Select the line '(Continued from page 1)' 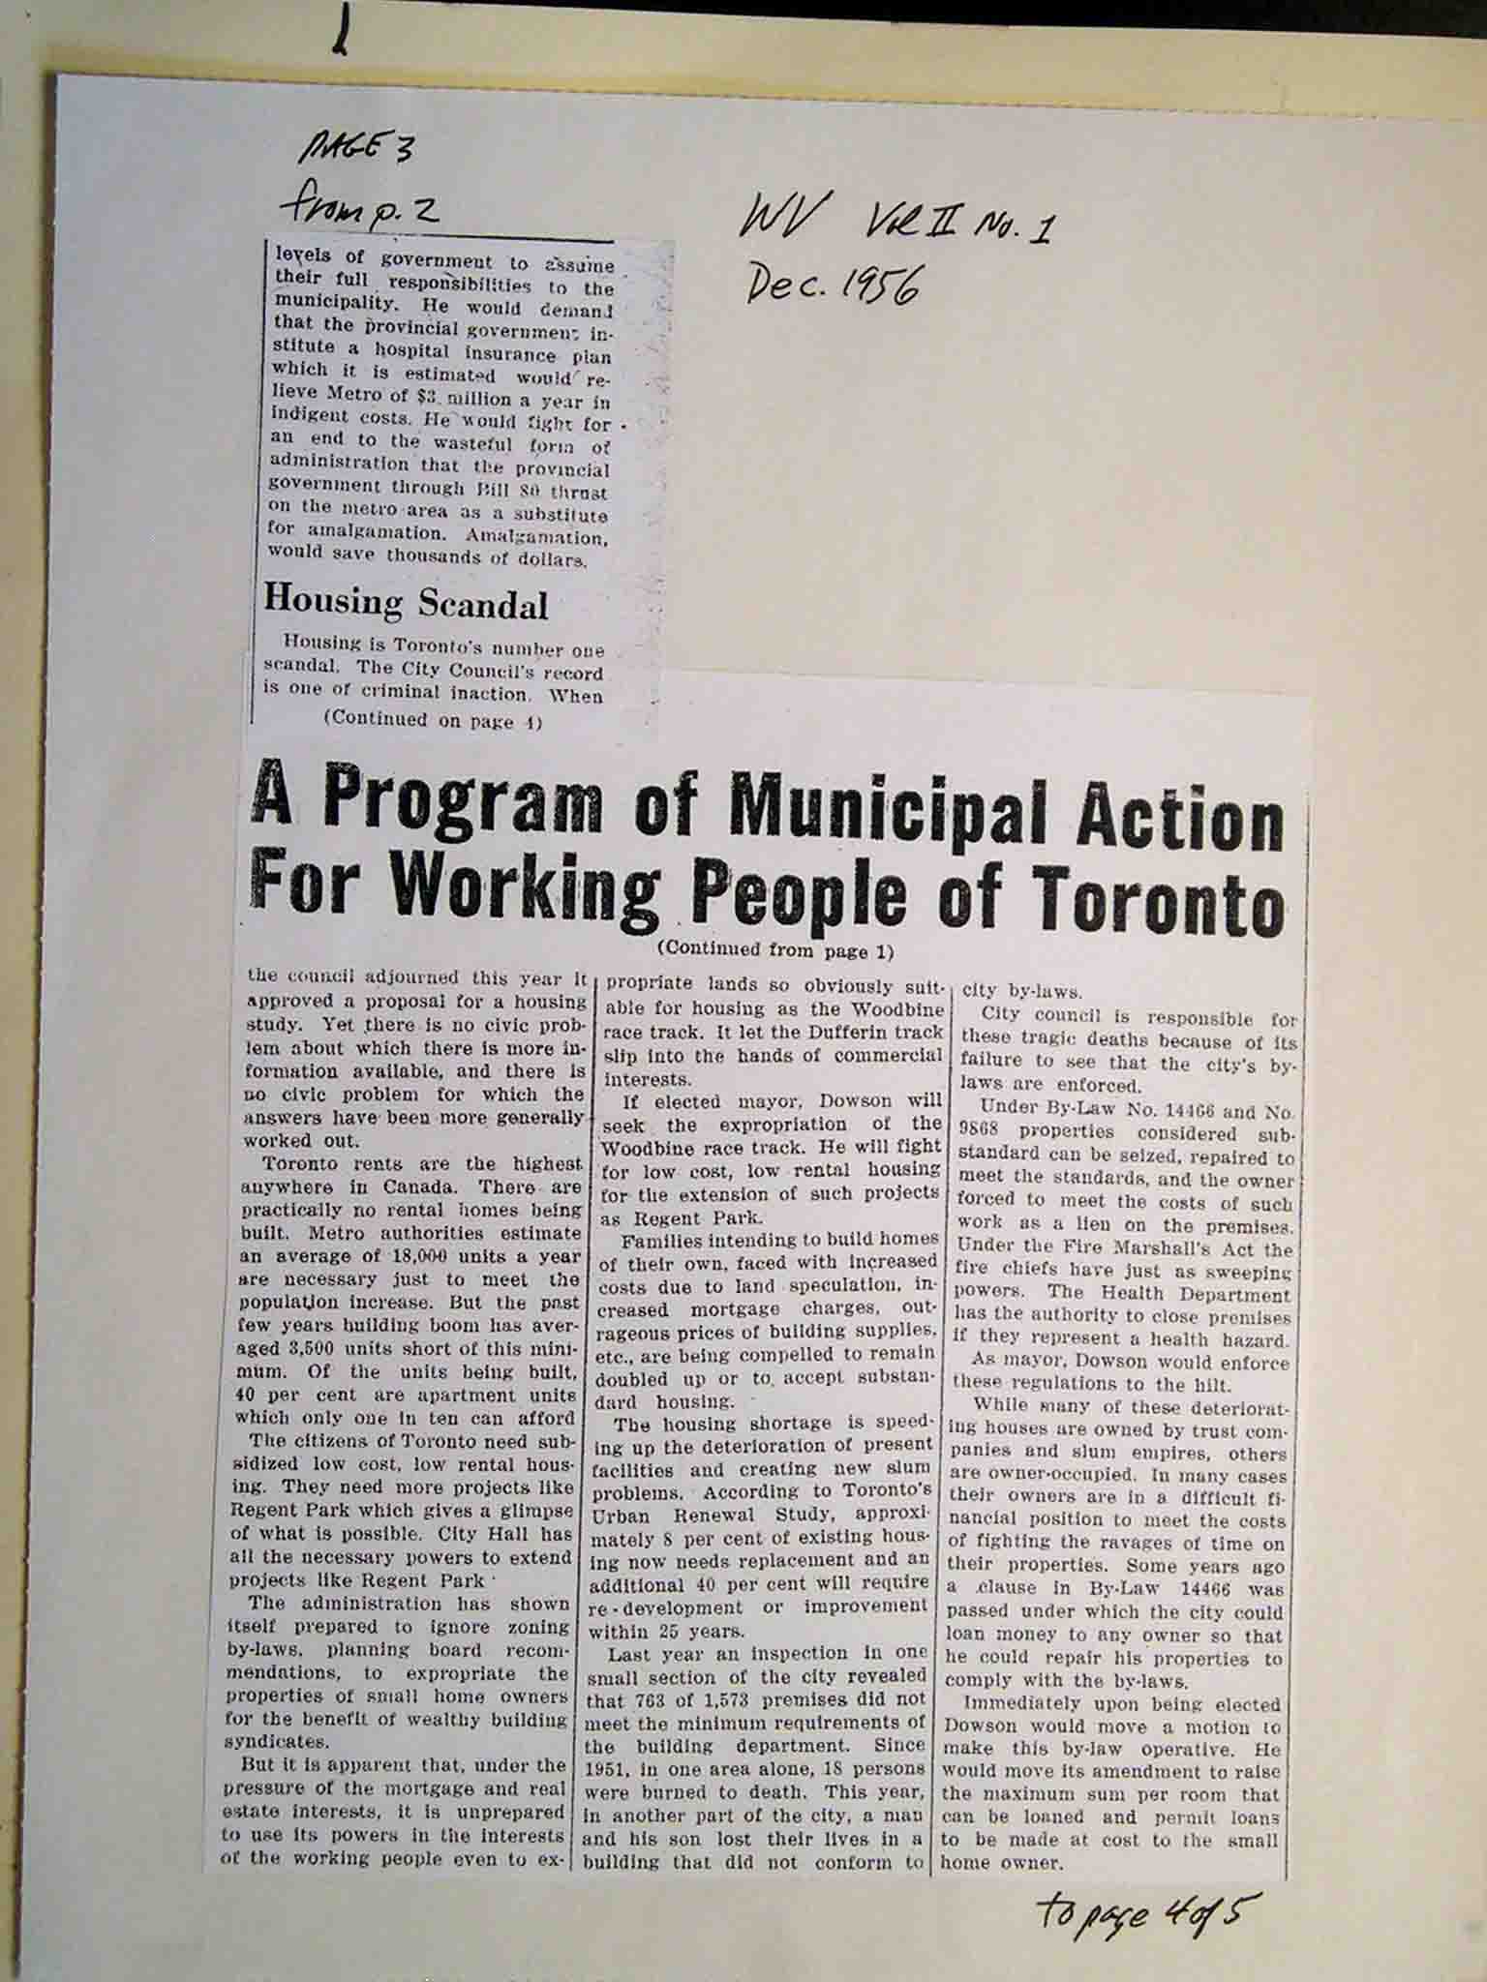[x=774, y=950]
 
